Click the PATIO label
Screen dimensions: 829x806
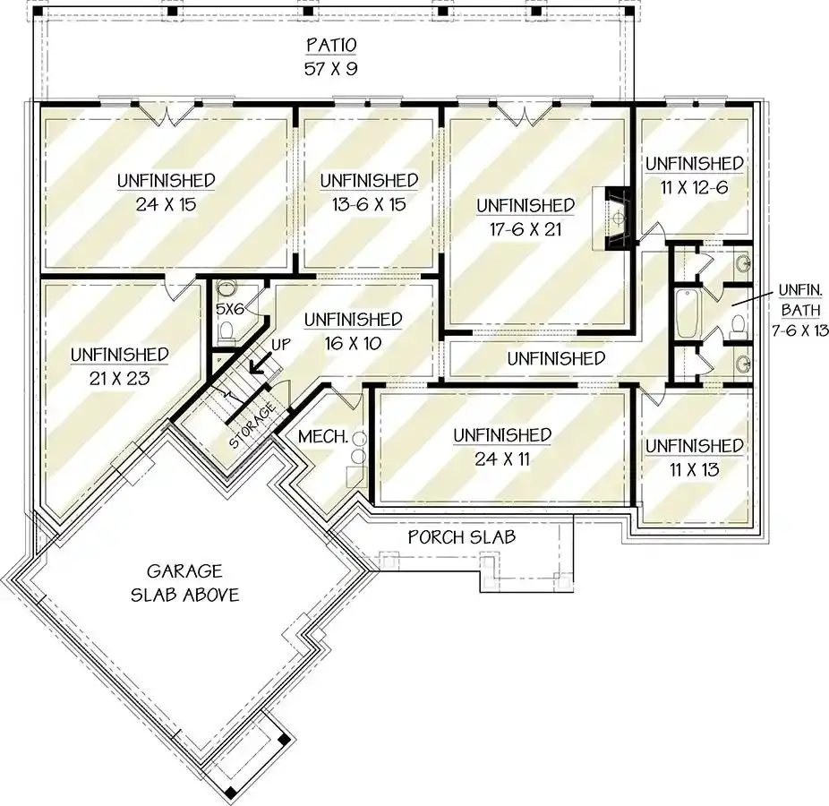(331, 45)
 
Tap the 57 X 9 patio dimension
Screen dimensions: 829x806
(331, 69)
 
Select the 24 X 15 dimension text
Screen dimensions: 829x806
(166, 204)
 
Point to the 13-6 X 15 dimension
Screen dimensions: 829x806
(369, 204)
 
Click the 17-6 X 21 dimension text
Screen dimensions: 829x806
(526, 229)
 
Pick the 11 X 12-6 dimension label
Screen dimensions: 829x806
(694, 187)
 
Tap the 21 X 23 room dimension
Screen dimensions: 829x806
(119, 378)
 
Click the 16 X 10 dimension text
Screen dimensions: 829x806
(353, 343)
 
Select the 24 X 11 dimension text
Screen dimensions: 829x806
(501, 459)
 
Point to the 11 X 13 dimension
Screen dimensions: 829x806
(694, 469)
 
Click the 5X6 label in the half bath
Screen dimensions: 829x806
(230, 309)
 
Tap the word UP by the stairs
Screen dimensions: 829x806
(281, 344)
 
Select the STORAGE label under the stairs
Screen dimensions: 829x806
(252, 425)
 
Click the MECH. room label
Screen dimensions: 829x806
(323, 437)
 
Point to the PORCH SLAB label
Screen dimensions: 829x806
(462, 537)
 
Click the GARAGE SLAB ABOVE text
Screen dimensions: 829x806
(184, 583)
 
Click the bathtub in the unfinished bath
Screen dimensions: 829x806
(687, 313)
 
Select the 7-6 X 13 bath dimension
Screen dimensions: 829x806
(799, 330)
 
